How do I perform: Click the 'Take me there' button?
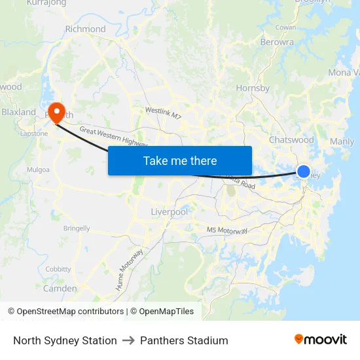(180, 160)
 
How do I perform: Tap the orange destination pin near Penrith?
(56, 111)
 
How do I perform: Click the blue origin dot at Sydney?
(304, 171)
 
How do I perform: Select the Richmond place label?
(85, 29)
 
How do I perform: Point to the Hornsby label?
(253, 88)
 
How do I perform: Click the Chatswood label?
(291, 139)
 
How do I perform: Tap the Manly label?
(342, 141)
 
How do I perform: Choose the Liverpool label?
(169, 212)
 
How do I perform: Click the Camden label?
(60, 288)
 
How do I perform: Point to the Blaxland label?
(18, 112)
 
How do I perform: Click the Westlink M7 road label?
(163, 113)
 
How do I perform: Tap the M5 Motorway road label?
(227, 230)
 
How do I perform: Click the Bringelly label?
(77, 228)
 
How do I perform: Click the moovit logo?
(321, 340)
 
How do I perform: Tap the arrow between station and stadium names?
(128, 340)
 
